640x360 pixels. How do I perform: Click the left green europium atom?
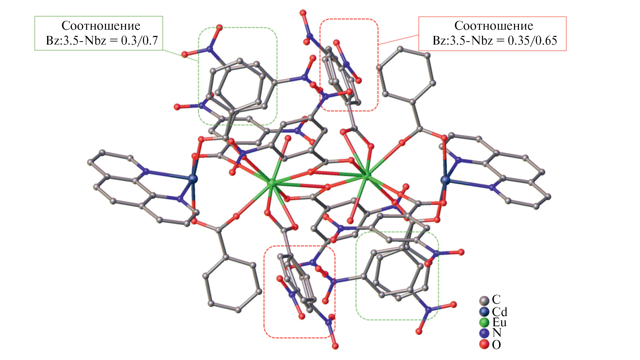[272, 183]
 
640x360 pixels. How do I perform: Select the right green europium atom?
[367, 176]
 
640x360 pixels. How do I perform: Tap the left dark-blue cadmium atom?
[193, 178]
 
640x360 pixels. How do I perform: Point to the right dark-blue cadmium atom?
[445, 180]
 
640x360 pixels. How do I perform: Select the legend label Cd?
[499, 311]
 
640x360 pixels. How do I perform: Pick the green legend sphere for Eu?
[484, 323]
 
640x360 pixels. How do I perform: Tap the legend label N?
[497, 333]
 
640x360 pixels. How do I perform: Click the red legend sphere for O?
[484, 344]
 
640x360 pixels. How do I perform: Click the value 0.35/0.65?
[532, 41]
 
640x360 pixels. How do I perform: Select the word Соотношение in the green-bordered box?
[101, 26]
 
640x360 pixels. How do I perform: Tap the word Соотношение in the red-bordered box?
[494, 26]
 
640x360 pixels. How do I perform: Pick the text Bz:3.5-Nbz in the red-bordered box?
[463, 41]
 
